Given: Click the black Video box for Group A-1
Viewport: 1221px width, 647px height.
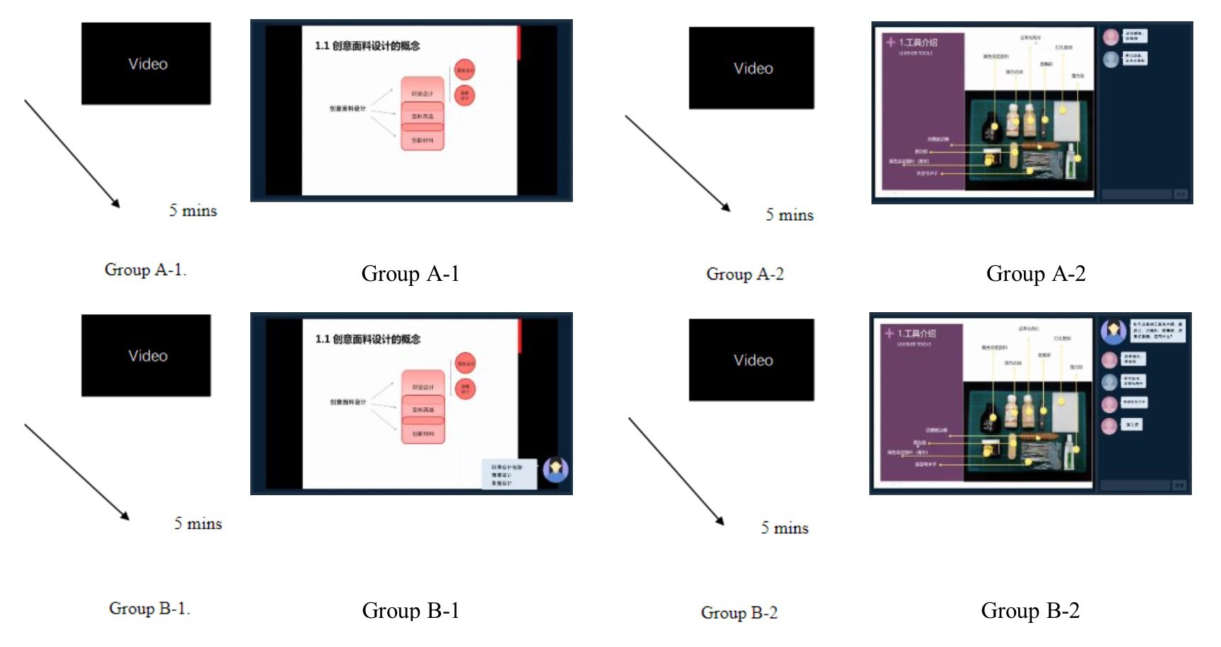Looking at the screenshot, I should pos(145,64).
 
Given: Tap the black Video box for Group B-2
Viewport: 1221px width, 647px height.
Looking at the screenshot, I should pos(751,360).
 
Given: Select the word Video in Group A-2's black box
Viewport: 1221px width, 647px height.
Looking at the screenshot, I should pos(753,69).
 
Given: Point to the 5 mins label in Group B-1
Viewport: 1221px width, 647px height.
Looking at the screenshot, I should pos(198,524).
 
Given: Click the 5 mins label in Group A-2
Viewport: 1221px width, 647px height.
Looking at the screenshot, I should pos(789,215).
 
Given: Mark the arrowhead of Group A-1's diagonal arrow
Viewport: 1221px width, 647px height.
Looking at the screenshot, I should pos(117,204).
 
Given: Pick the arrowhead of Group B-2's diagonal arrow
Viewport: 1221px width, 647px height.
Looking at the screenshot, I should pos(721,521).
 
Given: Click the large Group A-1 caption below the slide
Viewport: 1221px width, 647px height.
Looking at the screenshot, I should pos(410,274).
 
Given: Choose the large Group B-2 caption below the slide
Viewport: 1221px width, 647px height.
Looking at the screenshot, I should pos(1030,611).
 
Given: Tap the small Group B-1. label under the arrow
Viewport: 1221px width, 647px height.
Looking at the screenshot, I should pos(149,609).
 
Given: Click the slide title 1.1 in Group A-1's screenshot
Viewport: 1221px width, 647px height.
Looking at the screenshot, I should pos(367,46).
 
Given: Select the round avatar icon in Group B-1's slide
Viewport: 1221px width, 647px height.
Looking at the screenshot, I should pos(555,469).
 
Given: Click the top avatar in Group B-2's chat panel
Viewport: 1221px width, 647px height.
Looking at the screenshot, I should pos(1113,330).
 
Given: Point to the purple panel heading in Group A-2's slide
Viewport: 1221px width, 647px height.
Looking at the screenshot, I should pos(918,43).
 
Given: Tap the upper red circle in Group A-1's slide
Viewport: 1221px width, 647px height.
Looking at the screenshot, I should pos(464,70).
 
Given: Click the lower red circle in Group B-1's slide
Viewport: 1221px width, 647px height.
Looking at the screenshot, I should pos(465,389).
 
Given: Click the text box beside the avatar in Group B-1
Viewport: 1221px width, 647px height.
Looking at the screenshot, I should pos(507,475).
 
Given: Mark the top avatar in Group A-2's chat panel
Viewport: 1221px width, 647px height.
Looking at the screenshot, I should pos(1111,37).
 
